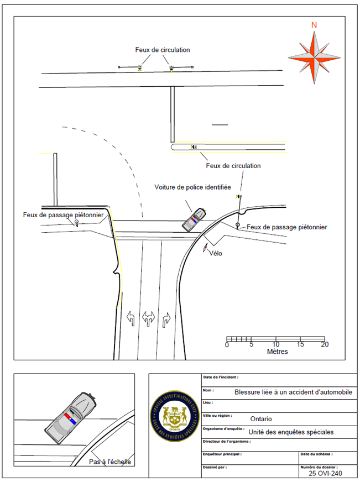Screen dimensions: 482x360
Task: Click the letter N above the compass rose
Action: pos(314,25)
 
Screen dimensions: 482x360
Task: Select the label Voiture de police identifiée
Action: pos(192,188)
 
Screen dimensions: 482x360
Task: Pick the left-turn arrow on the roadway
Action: pos(131,318)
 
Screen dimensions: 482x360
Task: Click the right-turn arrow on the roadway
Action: pos(167,318)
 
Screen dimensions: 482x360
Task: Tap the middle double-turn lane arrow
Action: pos(149,318)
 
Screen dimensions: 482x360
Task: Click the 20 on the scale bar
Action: pos(325,345)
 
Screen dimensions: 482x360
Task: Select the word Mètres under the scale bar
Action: pos(277,352)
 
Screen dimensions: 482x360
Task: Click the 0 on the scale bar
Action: pos(227,345)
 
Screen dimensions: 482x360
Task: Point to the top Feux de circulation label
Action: pos(163,50)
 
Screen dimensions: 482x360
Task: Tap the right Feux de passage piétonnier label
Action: pos(287,227)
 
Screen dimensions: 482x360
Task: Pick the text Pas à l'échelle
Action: pos(110,462)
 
